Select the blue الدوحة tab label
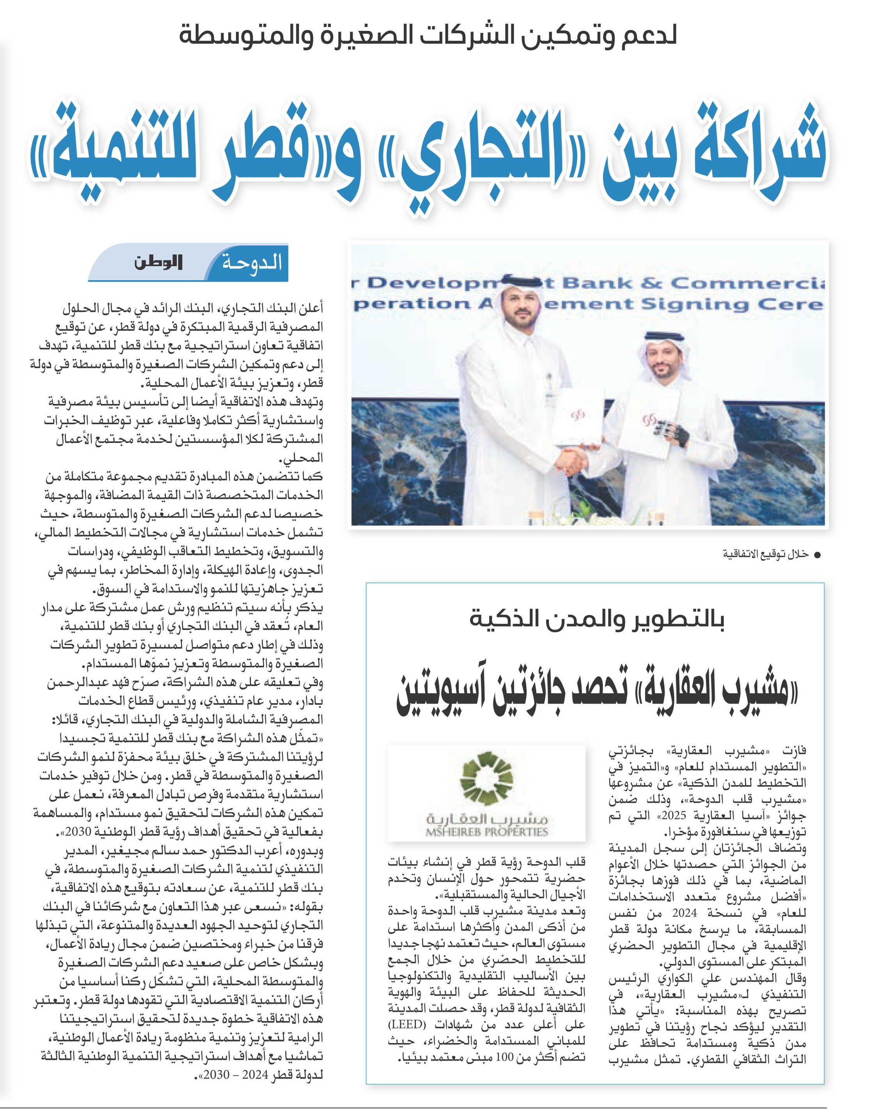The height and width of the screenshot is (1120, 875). pyautogui.click(x=252, y=263)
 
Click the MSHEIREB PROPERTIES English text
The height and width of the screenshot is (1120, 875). pyautogui.click(x=486, y=832)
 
